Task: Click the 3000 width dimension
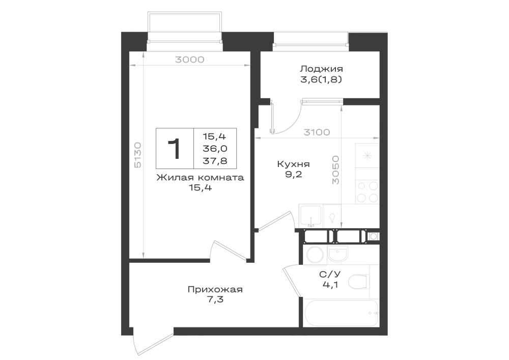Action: coord(189,60)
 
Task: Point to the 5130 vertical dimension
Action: coord(137,155)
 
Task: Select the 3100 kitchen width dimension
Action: coord(317,132)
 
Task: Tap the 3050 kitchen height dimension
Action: coord(335,170)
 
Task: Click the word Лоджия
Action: coord(321,69)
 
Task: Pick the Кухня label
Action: coord(294,164)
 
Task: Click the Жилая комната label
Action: coord(200,178)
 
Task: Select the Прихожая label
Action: coord(215,289)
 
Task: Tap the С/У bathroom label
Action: coord(330,274)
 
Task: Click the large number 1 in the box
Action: coord(175,149)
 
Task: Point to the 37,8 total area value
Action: coord(215,161)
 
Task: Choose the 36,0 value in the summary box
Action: coord(215,149)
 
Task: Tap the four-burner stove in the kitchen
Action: coord(367,192)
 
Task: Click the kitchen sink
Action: coord(311,215)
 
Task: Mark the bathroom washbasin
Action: coord(337,253)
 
